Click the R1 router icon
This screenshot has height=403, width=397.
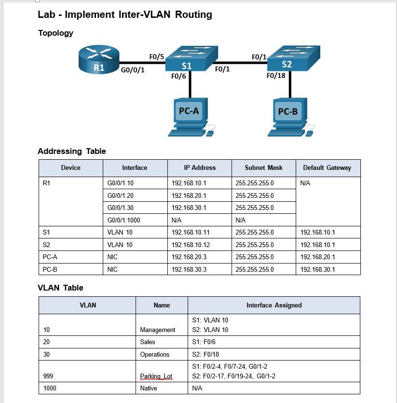[98, 61]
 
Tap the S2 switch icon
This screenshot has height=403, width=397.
[292, 58]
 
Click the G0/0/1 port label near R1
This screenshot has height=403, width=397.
[133, 70]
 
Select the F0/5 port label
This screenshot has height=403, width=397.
[157, 56]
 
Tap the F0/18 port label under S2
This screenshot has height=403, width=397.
[276, 75]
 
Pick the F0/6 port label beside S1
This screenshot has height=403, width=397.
[178, 76]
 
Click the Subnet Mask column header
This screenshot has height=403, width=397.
[263, 168]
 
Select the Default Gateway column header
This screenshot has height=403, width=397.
[327, 168]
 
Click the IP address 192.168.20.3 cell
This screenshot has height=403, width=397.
[189, 257]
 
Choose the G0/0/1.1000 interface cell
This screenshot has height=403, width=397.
[124, 220]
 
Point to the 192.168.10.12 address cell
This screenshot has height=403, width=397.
[191, 245]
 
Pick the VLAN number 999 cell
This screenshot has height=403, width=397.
[48, 376]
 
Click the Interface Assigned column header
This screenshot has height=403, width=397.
[274, 305]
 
